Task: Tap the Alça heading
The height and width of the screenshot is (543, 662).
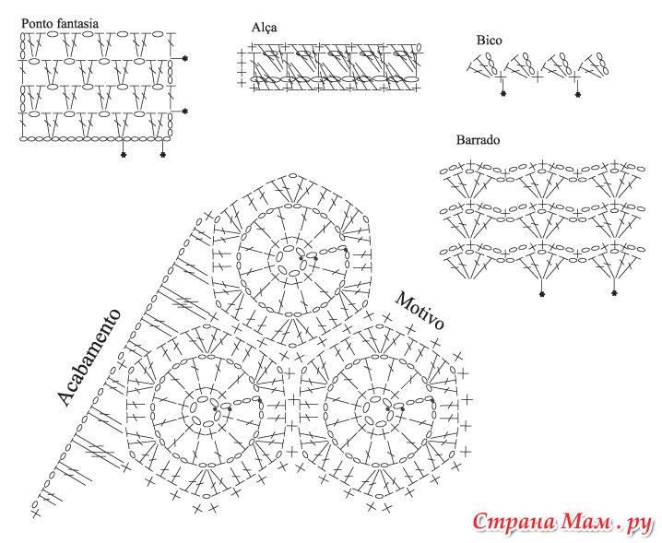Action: click(x=264, y=28)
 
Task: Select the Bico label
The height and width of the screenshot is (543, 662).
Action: click(x=489, y=41)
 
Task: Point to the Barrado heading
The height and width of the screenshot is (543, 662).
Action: click(x=478, y=141)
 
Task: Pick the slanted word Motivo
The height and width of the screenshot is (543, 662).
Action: click(x=420, y=312)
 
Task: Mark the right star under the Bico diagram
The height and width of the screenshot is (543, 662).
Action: click(x=578, y=94)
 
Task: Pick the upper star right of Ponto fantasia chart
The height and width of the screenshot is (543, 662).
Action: click(x=185, y=59)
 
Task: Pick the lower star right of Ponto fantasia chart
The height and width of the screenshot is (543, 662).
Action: click(x=185, y=112)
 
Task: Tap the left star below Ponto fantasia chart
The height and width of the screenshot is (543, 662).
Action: click(x=124, y=155)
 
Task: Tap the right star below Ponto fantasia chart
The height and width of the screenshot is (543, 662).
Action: click(x=163, y=155)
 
